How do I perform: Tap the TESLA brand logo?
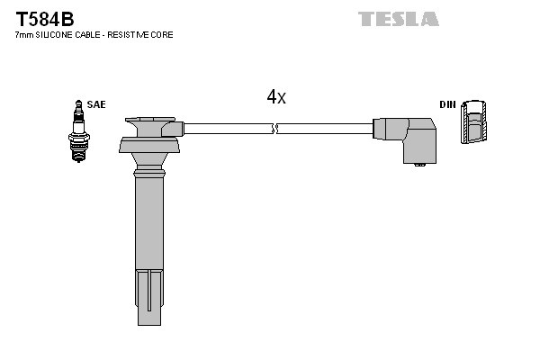click(398, 18)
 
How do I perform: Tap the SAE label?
click(96, 104)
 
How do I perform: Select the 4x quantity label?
click(275, 97)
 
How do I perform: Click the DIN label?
click(447, 104)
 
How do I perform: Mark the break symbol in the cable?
click(276, 129)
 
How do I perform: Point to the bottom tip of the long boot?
click(149, 315)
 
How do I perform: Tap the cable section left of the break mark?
click(225, 129)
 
